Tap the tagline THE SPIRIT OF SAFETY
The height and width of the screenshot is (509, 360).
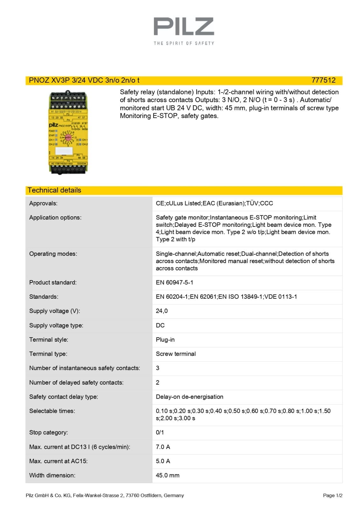point(184,43)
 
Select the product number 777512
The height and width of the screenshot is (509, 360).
point(323,80)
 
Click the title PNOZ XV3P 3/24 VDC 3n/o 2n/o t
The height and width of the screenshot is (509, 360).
point(84,80)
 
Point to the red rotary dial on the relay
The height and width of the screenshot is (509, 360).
point(68,138)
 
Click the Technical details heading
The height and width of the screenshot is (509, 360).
point(54,190)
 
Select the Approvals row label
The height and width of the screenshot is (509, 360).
point(43,203)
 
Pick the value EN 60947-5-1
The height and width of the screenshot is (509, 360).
point(174,282)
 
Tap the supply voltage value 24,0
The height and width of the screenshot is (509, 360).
point(162,311)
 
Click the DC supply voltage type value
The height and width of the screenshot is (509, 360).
point(160,325)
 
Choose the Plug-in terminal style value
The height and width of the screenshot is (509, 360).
point(165,339)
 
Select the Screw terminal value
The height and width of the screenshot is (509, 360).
point(176,354)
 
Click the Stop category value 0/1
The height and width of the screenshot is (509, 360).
point(160,432)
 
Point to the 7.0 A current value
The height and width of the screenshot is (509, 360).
point(163,447)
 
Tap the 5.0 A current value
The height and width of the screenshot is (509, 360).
point(163,461)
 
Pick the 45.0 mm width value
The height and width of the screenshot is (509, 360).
point(167,475)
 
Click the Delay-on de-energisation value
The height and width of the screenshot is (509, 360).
point(189,397)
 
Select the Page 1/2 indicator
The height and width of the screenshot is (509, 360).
point(332,495)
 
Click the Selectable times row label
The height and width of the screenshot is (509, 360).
point(52,411)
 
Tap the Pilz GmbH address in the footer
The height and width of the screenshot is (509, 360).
point(105,495)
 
